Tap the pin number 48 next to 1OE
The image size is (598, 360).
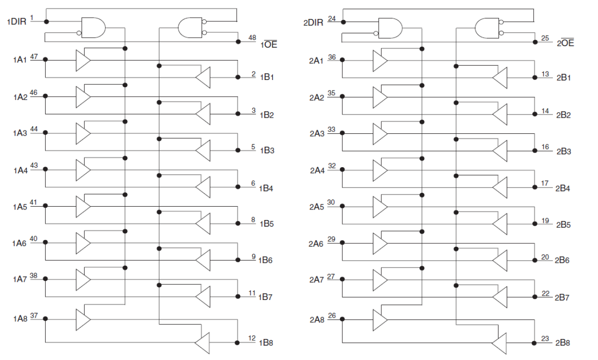252,37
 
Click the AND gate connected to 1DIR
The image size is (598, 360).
93,28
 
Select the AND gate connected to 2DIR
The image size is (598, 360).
390,28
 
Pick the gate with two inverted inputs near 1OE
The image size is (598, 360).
190,28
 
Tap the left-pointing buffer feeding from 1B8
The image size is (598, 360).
202,342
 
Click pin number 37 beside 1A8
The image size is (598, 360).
34,315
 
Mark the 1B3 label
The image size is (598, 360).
267,151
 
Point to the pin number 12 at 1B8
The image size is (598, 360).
252,338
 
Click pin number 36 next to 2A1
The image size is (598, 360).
332,57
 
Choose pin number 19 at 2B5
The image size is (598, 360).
546,220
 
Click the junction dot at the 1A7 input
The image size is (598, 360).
45,280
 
